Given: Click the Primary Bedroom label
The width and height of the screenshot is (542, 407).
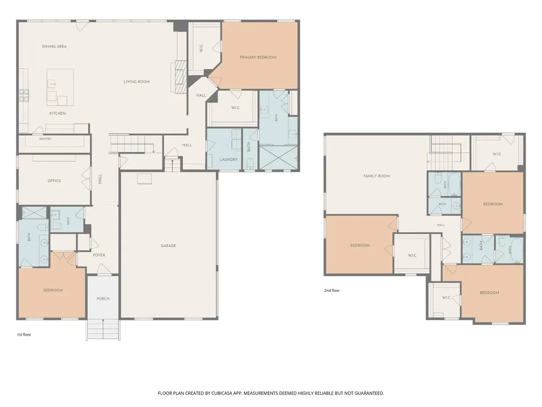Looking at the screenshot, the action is (258, 57).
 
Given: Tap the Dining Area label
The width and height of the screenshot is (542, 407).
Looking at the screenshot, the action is (55, 47).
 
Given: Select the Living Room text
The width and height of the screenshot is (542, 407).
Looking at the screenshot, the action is (137, 82).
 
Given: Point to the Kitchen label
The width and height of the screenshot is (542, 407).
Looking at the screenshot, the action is (57, 113).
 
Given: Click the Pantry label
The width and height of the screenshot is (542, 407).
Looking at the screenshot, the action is (46, 139).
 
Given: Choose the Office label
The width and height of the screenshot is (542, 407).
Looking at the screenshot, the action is (55, 181).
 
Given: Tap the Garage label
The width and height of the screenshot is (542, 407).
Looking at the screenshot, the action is (168, 246).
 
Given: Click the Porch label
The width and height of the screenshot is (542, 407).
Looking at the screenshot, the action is (103, 299).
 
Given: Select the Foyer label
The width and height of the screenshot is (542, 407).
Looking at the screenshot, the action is (99, 255).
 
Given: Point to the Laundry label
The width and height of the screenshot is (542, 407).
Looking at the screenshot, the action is (229, 160).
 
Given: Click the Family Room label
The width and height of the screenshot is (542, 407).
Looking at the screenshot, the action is (376, 176).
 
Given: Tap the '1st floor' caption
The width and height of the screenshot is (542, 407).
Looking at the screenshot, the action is (24, 335).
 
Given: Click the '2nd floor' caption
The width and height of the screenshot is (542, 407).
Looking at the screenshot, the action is (332, 291).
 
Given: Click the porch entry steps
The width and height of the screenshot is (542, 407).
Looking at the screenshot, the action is (103, 329).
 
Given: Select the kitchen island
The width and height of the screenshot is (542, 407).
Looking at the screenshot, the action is (60, 87).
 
